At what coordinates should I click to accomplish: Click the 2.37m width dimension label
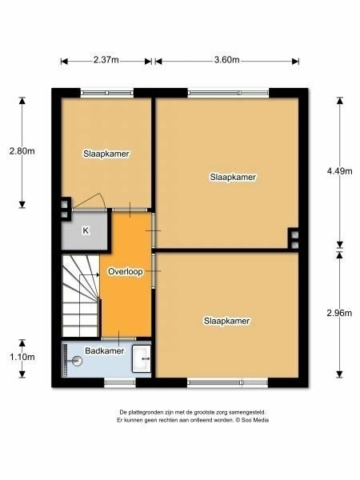click(106, 60)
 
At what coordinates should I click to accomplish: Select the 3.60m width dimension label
click(227, 60)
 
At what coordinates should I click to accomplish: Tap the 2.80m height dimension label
click(22, 151)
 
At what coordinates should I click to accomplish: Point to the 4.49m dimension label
click(339, 171)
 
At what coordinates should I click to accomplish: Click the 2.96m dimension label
click(339, 313)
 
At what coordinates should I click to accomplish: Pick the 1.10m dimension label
click(22, 357)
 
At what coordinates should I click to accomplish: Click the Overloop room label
click(126, 271)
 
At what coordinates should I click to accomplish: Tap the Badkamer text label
click(104, 351)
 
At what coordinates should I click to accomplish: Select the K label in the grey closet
click(86, 230)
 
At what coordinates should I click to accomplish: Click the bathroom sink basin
click(142, 358)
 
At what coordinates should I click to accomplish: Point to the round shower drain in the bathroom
click(77, 361)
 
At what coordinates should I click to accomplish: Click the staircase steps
click(81, 296)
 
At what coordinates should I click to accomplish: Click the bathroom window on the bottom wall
click(120, 382)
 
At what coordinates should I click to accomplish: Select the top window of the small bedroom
click(107, 93)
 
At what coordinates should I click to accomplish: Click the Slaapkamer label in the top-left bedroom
click(106, 154)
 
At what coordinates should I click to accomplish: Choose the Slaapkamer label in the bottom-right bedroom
click(227, 321)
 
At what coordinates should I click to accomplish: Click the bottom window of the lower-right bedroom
click(227, 382)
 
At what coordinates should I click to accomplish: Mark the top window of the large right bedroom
click(228, 93)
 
